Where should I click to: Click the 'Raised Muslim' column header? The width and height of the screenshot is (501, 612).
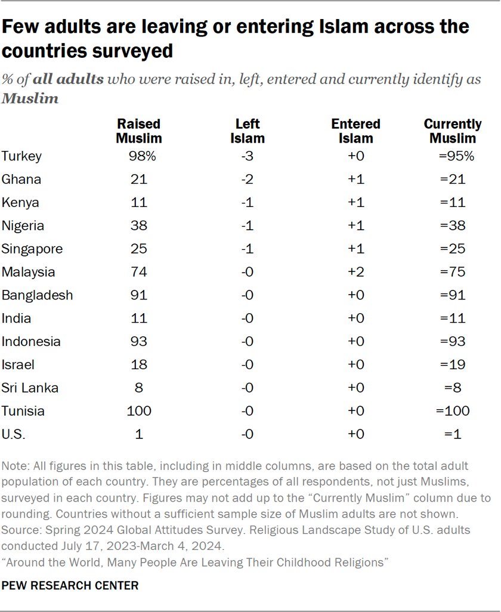coord(138,131)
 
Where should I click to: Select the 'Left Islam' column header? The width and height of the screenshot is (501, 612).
coord(248,131)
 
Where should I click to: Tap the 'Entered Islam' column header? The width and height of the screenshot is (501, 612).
coord(355,131)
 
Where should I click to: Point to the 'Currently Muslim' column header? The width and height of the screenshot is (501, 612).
coord(453,131)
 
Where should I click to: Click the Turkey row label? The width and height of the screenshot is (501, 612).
coord(21,156)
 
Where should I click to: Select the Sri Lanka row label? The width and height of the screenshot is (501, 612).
coord(30,388)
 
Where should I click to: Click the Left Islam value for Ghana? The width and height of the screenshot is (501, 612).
coord(248,180)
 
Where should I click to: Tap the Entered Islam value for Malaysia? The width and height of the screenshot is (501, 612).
coord(355,273)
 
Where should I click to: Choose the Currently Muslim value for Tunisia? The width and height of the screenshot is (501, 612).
coord(453,412)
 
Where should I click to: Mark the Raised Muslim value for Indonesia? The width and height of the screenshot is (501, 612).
coord(138,342)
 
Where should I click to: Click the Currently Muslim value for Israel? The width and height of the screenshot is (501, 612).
coord(453,365)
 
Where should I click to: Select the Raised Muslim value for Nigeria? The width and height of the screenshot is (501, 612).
coord(138,226)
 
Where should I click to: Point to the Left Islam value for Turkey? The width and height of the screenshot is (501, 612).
coord(248,156)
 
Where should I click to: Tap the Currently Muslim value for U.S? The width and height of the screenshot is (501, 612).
coord(453,435)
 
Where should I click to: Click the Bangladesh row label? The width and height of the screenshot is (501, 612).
coord(37,295)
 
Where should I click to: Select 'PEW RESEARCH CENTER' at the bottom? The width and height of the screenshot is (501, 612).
coord(70,586)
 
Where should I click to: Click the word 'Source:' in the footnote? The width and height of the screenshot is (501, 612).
coord(21,529)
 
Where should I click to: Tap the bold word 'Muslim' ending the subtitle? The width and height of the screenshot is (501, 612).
coord(30,99)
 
